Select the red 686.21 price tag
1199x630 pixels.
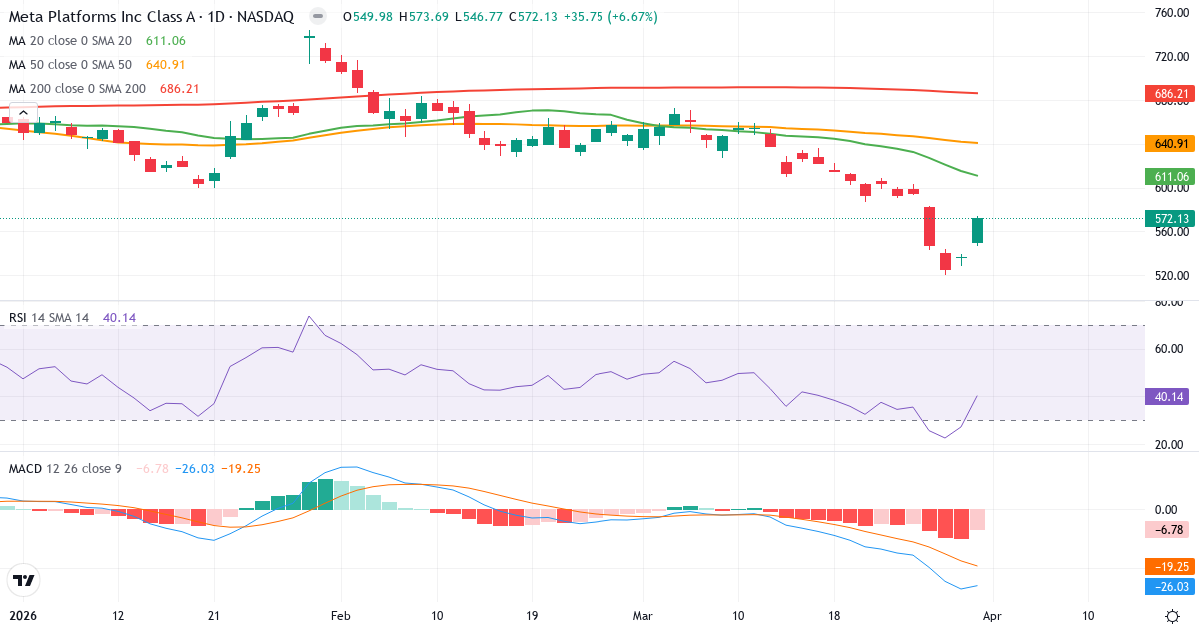tap(1168, 94)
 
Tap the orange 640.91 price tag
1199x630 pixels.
tap(1168, 143)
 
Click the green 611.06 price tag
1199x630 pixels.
tap(1168, 176)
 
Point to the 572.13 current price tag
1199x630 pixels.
tap(1168, 218)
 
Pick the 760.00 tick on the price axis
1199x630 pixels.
tap(1168, 13)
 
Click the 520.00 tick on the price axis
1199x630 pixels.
tap(1168, 276)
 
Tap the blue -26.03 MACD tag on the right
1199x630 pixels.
tap(1168, 587)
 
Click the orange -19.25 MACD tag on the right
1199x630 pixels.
tap(1168, 565)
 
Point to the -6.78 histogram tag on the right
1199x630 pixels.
tap(1168, 530)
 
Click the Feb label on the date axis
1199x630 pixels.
tap(341, 615)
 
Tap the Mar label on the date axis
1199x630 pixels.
tap(643, 615)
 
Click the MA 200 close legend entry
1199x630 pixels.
tap(77, 89)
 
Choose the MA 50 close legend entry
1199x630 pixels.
tap(70, 65)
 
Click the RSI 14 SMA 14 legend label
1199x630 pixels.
tap(49, 318)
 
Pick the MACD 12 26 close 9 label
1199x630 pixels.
tap(65, 469)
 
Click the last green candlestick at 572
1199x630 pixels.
tap(977, 230)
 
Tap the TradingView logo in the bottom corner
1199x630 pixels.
tap(23, 580)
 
